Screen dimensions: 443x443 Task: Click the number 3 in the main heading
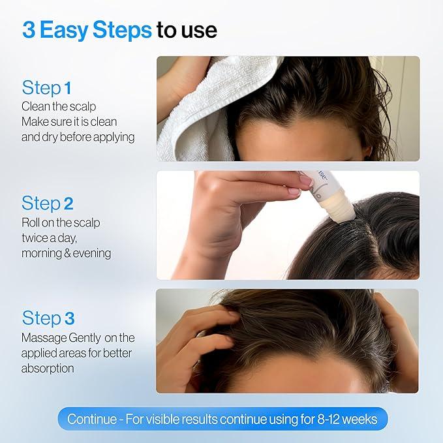[x=29, y=29]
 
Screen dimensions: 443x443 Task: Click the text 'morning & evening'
[x=66, y=252]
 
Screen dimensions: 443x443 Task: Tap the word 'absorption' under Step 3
[x=48, y=368]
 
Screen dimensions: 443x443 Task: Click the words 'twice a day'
[x=51, y=237]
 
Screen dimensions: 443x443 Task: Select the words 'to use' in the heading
[x=187, y=30]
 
